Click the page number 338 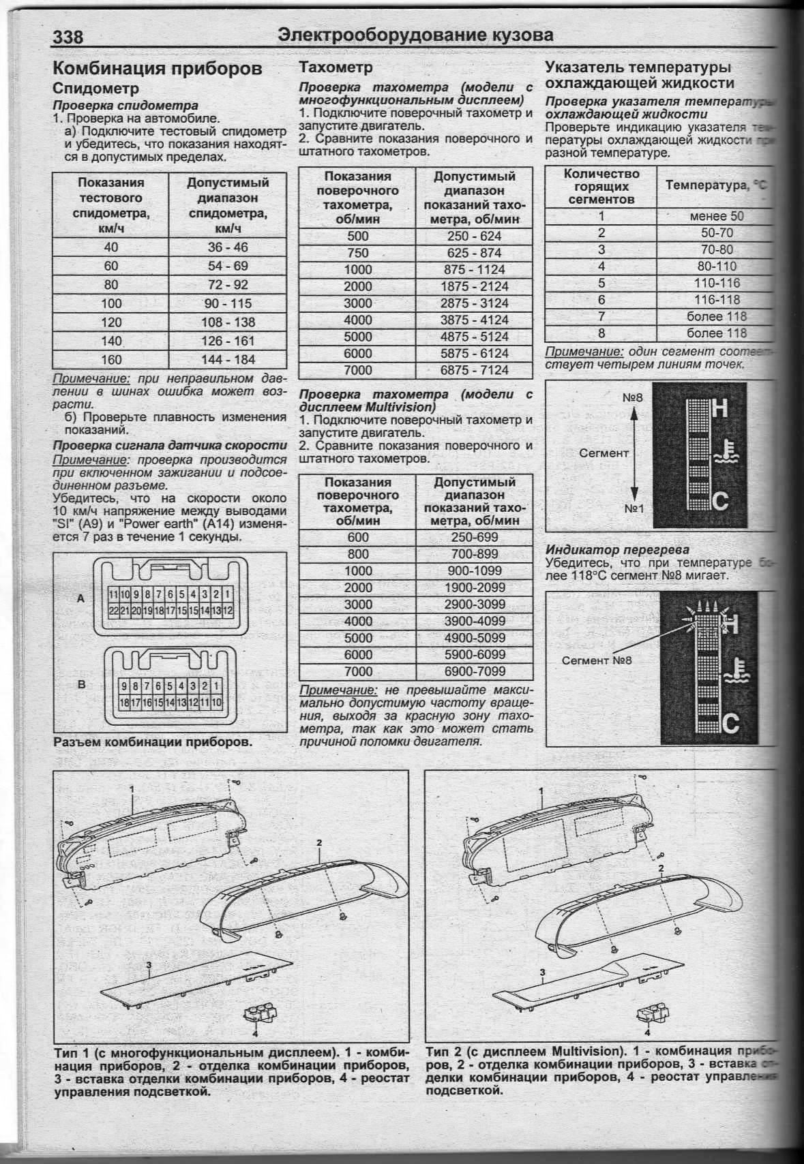pyautogui.click(x=69, y=36)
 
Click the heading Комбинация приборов pyautogui.click(x=157, y=69)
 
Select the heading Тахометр pyautogui.click(x=336, y=67)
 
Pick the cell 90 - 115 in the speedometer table pyautogui.click(x=228, y=303)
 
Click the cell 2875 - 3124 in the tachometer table pyautogui.click(x=475, y=303)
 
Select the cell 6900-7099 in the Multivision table pyautogui.click(x=475, y=671)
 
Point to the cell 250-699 pyautogui.click(x=475, y=537)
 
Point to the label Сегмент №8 pyautogui.click(x=597, y=660)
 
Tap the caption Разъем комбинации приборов pyautogui.click(x=153, y=741)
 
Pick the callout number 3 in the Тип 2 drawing pyautogui.click(x=542, y=972)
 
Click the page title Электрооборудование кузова pyautogui.click(x=416, y=35)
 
